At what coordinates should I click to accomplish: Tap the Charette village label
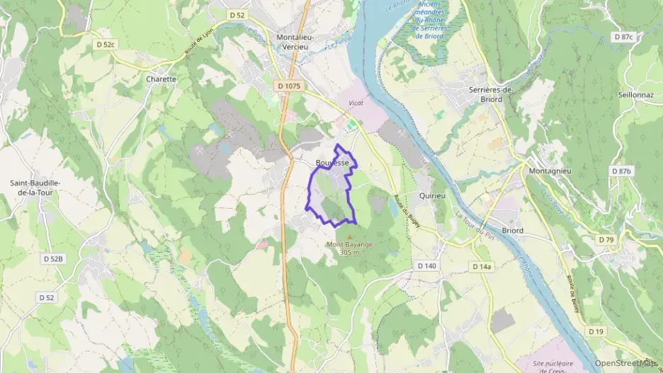point(161,79)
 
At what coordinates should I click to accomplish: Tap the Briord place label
point(513,230)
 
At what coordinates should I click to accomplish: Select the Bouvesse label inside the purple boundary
point(332,163)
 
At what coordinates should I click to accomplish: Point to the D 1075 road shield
point(289,86)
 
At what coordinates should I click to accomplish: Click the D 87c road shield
point(624,36)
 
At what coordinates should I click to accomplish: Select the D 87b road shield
point(621,171)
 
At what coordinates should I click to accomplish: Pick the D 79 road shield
point(606,240)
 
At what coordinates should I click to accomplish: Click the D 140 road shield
point(426,265)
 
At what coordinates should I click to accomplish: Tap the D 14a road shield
point(481,266)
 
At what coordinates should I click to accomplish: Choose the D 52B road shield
point(52,259)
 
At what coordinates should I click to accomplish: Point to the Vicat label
point(356,103)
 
